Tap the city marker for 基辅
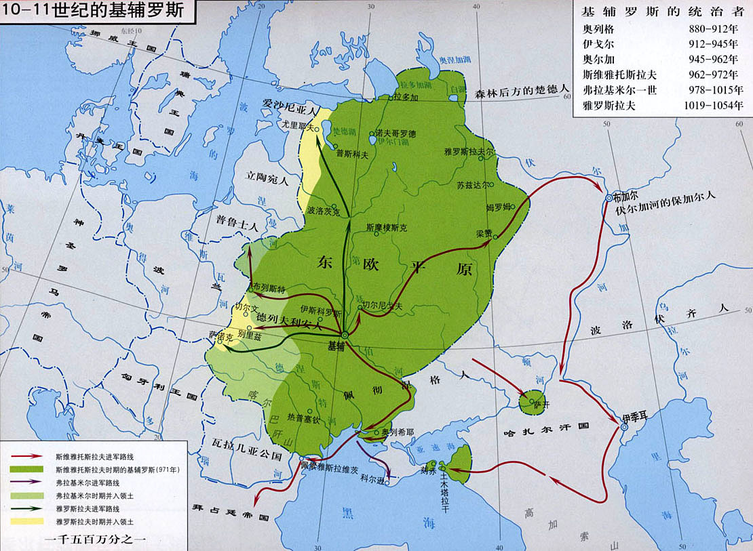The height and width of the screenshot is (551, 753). coord(345,335)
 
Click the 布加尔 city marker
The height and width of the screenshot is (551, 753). coord(609,197)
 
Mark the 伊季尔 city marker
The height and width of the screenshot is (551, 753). coord(623,427)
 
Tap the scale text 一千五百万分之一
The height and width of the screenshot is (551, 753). coord(94,539)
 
